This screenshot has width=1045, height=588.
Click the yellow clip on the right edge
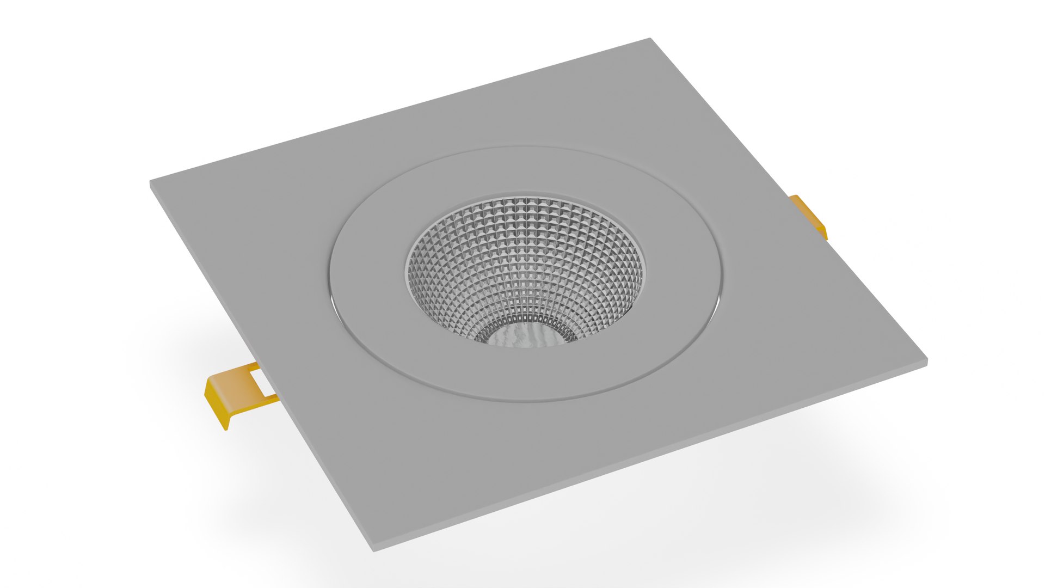(x=809, y=216)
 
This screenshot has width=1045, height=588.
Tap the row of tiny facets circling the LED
(x=522, y=321)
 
